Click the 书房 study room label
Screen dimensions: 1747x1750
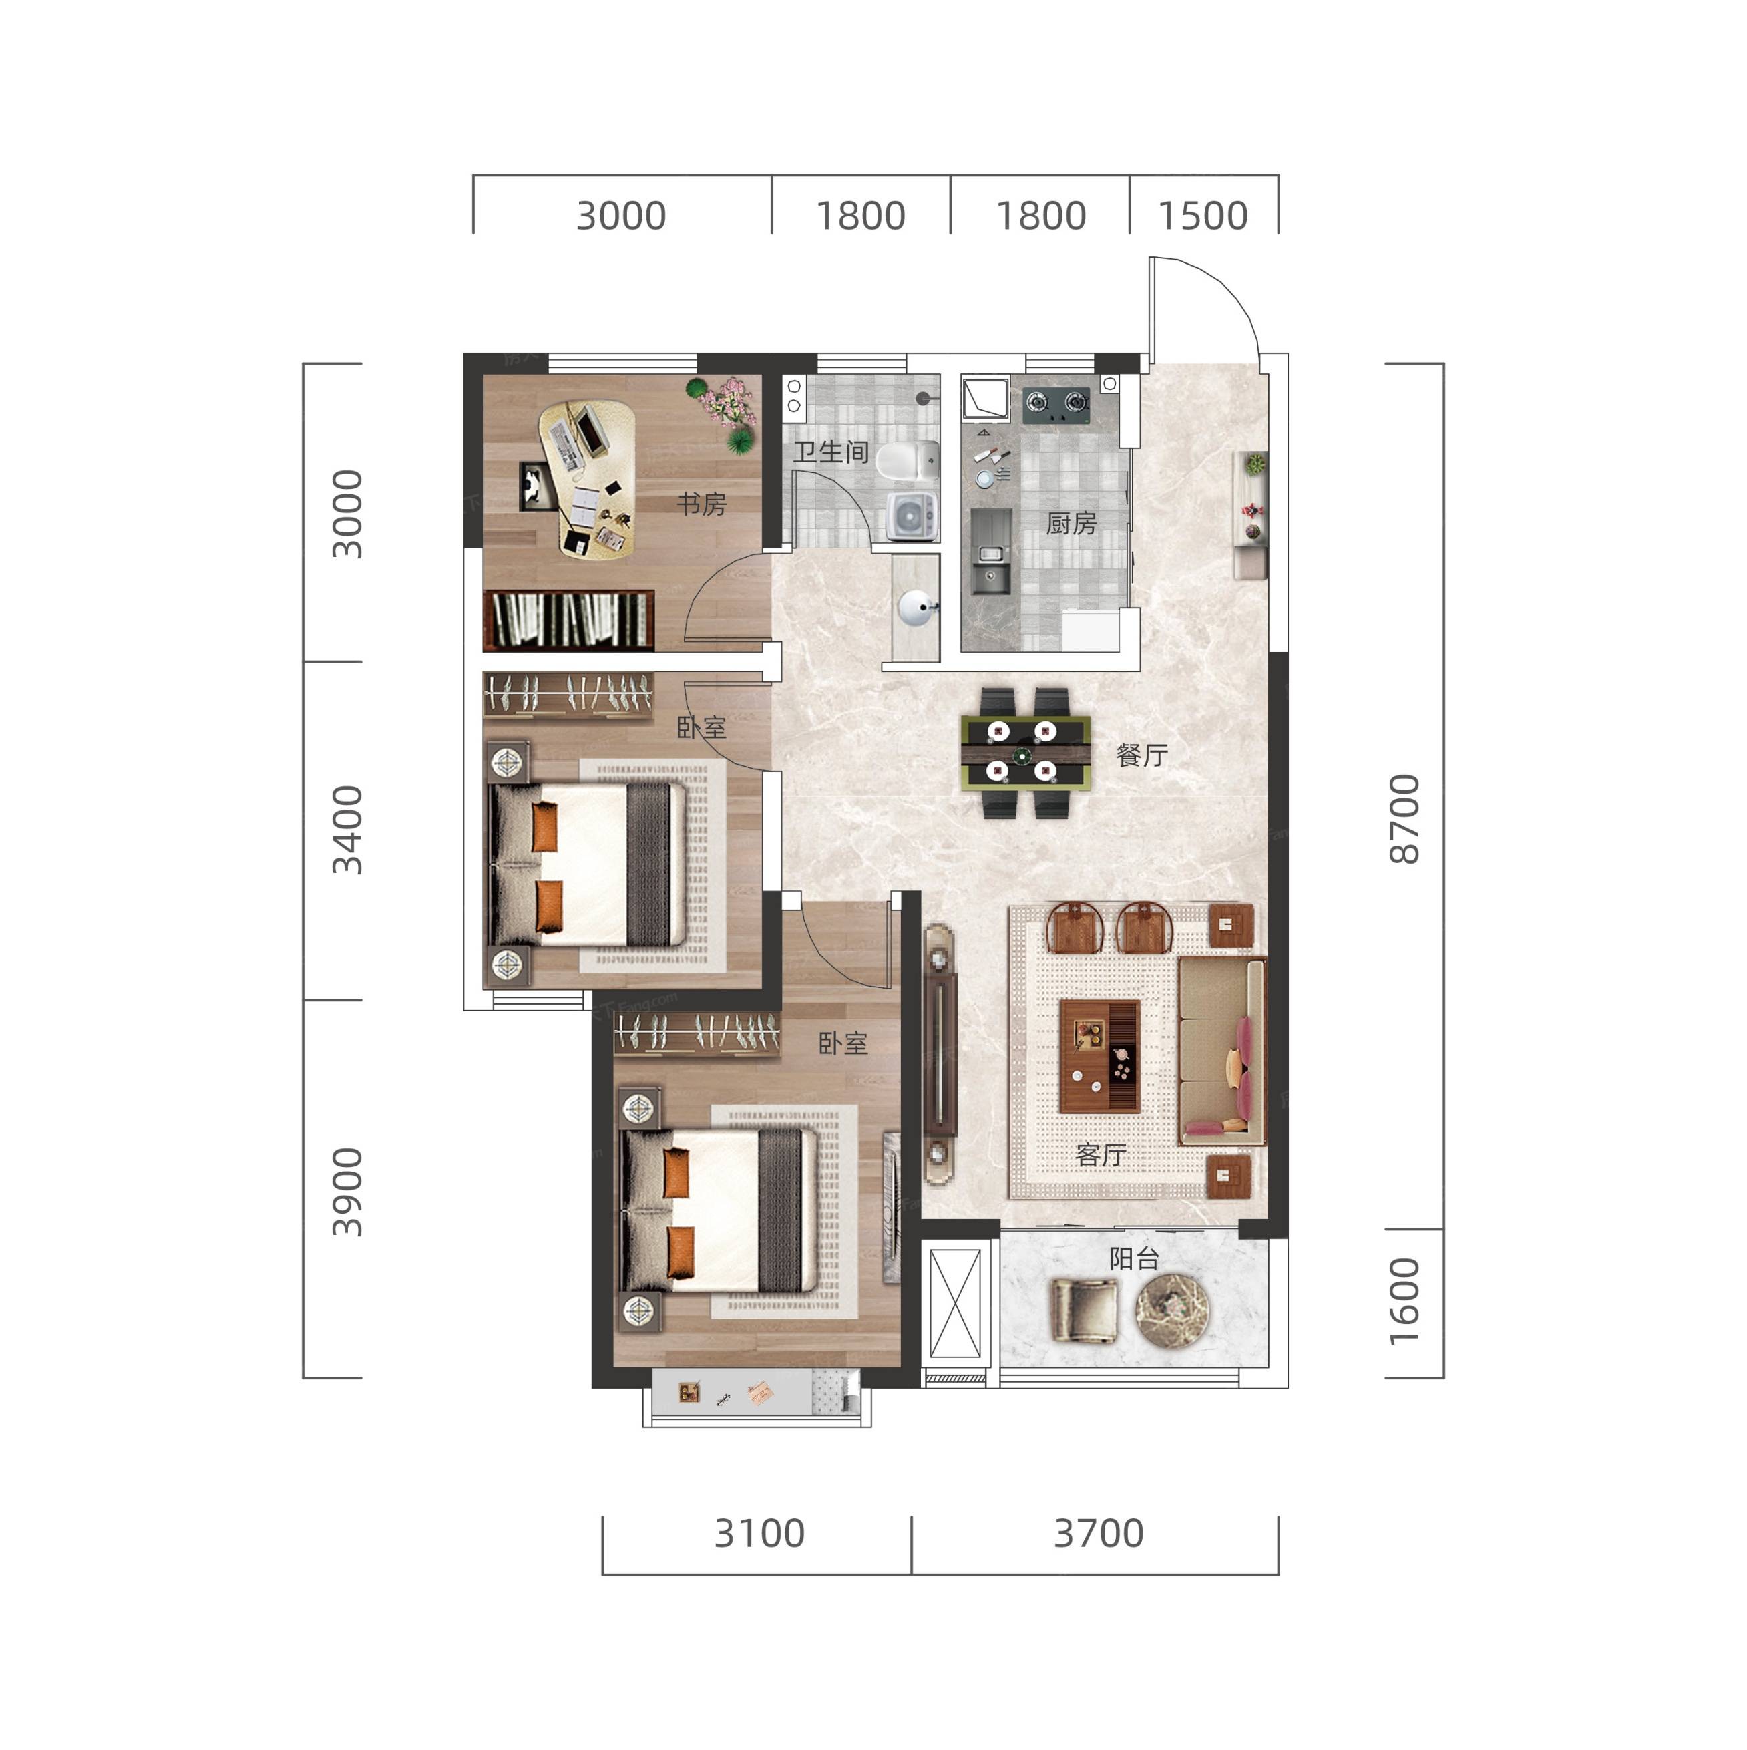pyautogui.click(x=702, y=504)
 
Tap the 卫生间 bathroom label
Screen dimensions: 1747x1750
pyautogui.click(x=831, y=452)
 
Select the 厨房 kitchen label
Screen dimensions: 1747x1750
pyautogui.click(x=1071, y=524)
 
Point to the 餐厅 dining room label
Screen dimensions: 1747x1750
pyautogui.click(x=1142, y=755)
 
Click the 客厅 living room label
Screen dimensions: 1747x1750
pyautogui.click(x=1101, y=1154)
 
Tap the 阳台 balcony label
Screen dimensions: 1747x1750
pyautogui.click(x=1135, y=1258)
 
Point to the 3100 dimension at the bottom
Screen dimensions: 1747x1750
pyautogui.click(x=759, y=1534)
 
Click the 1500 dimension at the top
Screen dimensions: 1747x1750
pyautogui.click(x=1203, y=216)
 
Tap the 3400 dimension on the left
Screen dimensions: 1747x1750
pyautogui.click(x=347, y=830)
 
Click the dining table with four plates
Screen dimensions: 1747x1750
pyautogui.click(x=1025, y=753)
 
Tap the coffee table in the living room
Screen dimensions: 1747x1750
pyautogui.click(x=1099, y=1056)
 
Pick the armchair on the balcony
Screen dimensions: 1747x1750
pyautogui.click(x=1083, y=1310)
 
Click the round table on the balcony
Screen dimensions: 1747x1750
pyautogui.click(x=1173, y=1310)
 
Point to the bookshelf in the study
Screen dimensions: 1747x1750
pyautogui.click(x=569, y=621)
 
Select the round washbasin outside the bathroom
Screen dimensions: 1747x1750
pyautogui.click(x=916, y=608)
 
